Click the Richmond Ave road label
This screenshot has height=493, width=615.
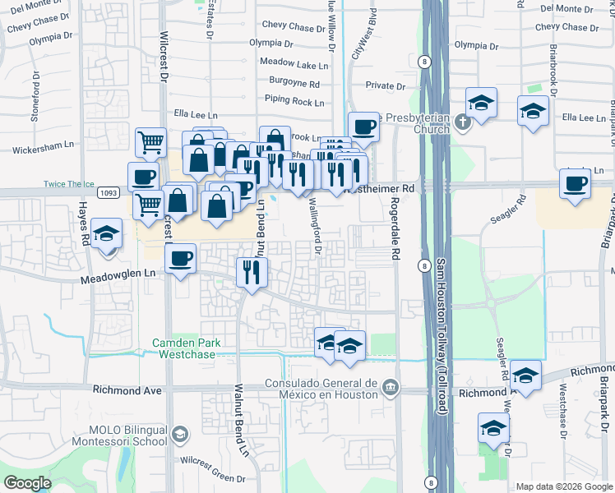pos(127,390)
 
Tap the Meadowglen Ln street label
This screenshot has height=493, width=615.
pos(118,280)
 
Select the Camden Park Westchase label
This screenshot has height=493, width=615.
pos(183,348)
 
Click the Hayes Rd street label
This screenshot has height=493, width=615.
pos(84,224)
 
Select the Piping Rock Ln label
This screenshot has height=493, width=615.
pos(294,101)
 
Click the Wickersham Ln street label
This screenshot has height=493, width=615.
pos(44,145)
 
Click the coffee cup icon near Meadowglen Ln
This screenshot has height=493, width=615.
pos(181,259)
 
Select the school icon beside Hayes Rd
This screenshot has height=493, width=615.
pos(106,234)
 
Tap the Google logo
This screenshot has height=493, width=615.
pos(28,484)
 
